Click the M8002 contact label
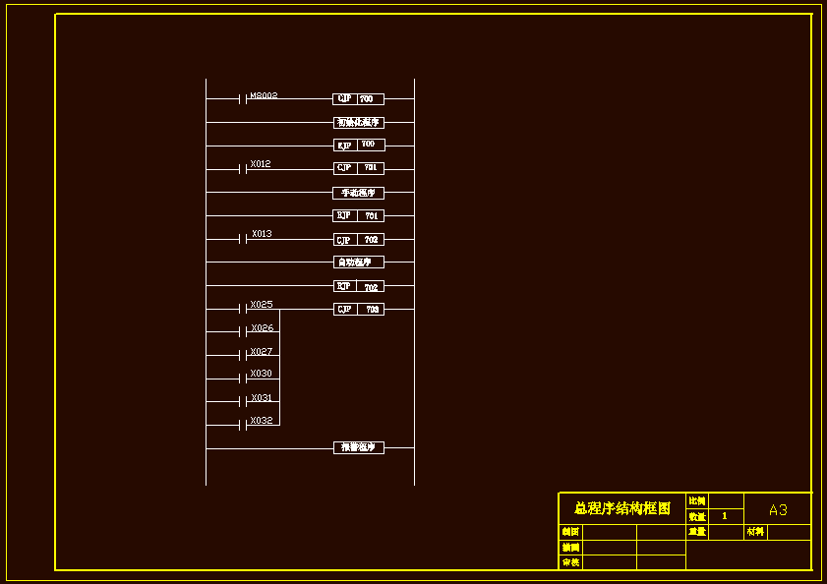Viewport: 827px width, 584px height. tap(264, 95)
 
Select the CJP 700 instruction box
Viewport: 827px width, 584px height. tap(358, 99)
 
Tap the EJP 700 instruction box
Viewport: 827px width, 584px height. tap(358, 145)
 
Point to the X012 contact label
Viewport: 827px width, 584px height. tap(261, 164)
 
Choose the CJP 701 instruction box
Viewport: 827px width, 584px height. tap(358, 168)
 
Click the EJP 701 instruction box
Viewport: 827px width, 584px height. tap(358, 215)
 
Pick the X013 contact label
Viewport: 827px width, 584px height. tap(262, 234)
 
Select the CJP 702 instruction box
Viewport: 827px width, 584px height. tap(358, 239)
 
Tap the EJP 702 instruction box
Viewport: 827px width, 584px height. tap(358, 286)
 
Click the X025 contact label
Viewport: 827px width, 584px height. tap(262, 305)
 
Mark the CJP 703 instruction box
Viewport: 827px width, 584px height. tap(358, 309)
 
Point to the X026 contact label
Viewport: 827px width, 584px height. tap(262, 328)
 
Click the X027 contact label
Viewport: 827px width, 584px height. tap(262, 351)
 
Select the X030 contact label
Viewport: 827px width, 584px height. tap(262, 374)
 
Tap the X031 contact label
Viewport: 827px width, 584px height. tap(262, 398)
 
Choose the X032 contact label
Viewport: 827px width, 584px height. tap(262, 421)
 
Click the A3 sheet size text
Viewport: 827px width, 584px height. tap(778, 510)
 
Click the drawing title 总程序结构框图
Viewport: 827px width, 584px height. tap(622, 508)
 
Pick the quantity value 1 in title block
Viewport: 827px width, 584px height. tap(725, 516)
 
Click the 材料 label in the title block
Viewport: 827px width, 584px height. tap(755, 532)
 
